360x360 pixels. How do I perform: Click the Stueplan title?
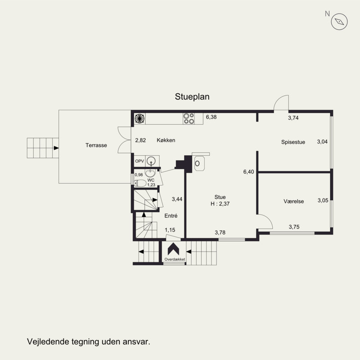[192, 97]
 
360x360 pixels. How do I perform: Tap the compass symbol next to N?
[339, 22]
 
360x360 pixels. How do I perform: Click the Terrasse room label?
[96, 145]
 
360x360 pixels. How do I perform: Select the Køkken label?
[166, 140]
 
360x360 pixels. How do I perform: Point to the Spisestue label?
[293, 142]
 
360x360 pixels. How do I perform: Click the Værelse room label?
[294, 201]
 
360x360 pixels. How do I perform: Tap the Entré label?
[171, 216]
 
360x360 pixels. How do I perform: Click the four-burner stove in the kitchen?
[189, 118]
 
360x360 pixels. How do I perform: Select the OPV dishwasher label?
[139, 161]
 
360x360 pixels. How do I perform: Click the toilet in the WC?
[140, 183]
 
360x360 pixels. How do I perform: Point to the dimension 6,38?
[211, 117]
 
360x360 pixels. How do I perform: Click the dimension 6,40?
[249, 172]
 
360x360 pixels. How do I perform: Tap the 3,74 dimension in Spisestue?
[293, 118]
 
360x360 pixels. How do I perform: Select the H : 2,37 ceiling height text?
[220, 204]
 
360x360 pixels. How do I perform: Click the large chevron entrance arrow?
[174, 249]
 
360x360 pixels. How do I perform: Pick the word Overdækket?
[175, 259]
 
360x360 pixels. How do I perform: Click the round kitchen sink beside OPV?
[151, 161]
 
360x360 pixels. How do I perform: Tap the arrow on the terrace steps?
[56, 148]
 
